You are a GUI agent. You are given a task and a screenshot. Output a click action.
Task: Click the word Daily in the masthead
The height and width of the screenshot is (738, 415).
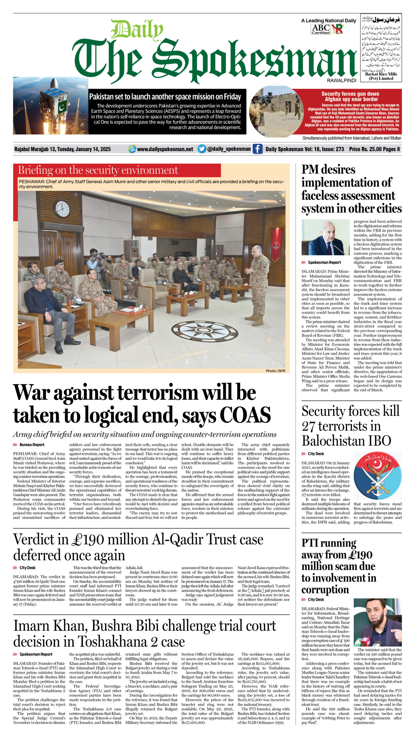click(137, 30)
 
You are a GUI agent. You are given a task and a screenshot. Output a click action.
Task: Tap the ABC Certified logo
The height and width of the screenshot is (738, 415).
click(320, 29)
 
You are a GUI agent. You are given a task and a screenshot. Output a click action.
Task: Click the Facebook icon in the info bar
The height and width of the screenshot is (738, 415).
click(257, 149)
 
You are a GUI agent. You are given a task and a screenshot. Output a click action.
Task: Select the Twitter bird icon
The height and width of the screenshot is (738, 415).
click(202, 149)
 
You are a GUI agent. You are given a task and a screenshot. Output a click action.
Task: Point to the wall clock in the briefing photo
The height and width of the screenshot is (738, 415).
click(62, 209)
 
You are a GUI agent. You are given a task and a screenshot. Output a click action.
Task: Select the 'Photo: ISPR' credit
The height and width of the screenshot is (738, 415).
click(275, 371)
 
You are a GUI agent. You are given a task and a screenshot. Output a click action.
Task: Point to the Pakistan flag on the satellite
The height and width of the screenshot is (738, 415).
click(62, 107)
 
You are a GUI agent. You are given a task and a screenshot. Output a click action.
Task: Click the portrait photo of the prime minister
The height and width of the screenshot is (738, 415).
click(325, 237)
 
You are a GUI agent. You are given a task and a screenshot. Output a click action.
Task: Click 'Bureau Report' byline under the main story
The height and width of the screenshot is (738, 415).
click(32, 445)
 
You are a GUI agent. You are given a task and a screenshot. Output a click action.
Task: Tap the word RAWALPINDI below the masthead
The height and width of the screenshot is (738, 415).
click(342, 80)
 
